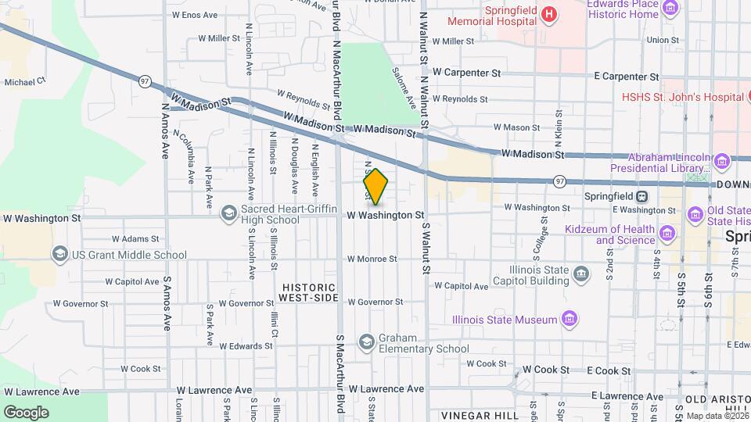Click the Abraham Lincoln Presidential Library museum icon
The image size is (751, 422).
tap(721, 162)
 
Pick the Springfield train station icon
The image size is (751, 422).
tap(641, 196)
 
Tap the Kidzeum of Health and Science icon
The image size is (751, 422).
tap(667, 234)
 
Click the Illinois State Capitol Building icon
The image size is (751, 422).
tap(581, 274)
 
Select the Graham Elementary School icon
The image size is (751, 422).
tap(366, 342)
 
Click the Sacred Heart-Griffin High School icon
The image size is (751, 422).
tap(229, 213)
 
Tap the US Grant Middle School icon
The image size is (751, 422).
tap(59, 254)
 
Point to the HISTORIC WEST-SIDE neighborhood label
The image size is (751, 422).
tap(309, 292)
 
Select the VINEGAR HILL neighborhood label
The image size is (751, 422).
tap(480, 415)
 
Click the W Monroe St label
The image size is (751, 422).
tap(372, 259)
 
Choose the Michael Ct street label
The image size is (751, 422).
tap(25, 80)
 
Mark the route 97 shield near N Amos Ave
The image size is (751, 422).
tap(145, 80)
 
